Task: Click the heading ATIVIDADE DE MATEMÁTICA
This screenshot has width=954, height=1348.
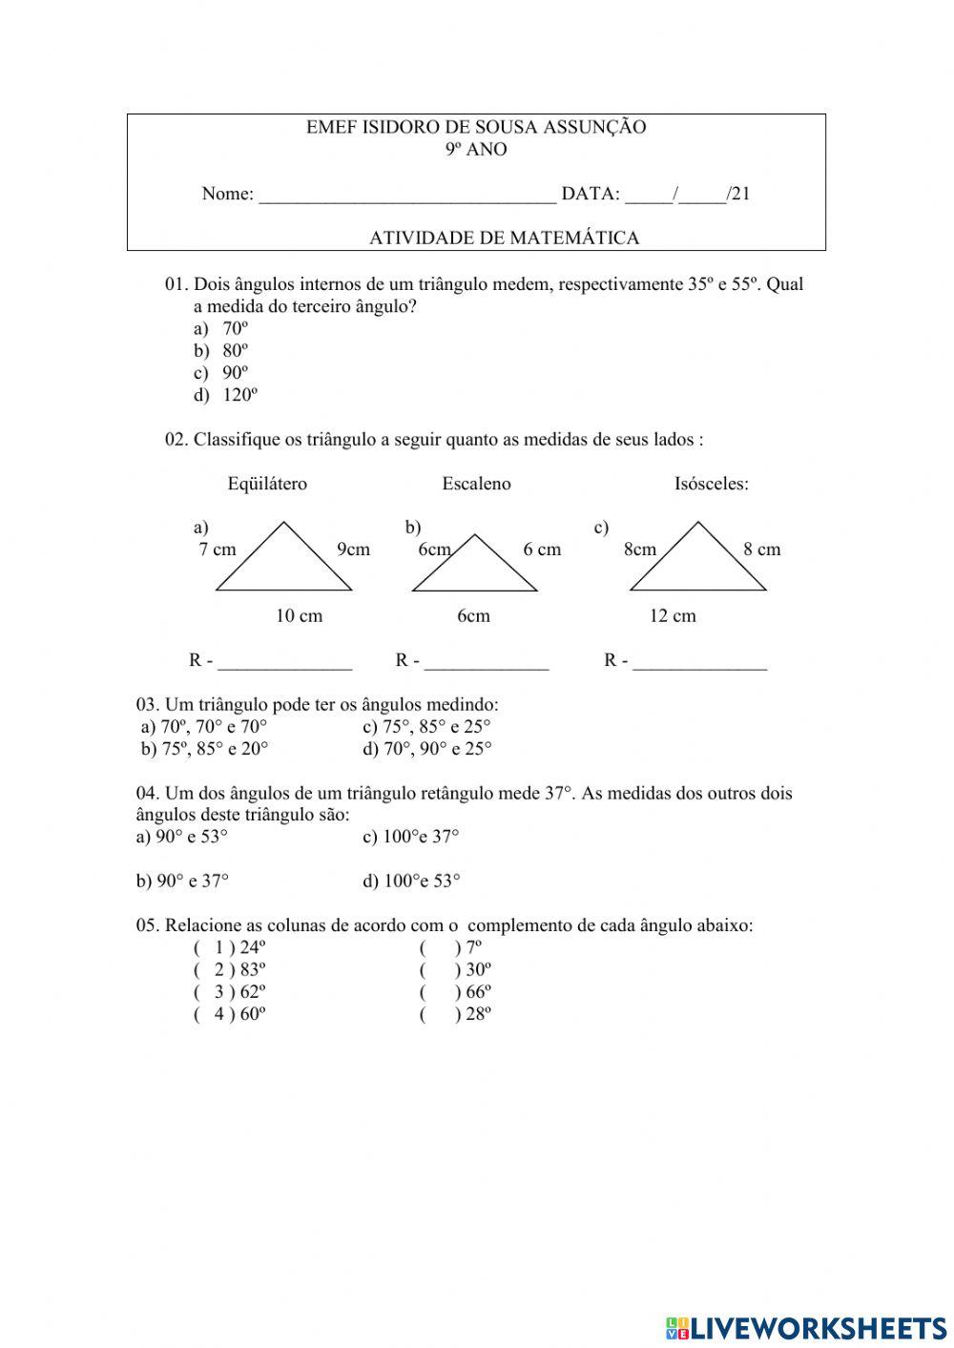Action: pos(504,238)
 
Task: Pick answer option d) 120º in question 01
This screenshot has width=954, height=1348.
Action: pos(227,395)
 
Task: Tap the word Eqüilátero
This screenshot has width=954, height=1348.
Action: pos(267,484)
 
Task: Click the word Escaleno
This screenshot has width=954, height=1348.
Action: pos(476,484)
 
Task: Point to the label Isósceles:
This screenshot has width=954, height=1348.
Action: pos(711,484)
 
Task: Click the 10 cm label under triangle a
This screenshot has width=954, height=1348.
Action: pos(299,616)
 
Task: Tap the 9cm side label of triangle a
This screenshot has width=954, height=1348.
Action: pos(353,550)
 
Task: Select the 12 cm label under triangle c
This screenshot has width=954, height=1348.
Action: pos(673,616)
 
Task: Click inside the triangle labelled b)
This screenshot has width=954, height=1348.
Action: pos(474,572)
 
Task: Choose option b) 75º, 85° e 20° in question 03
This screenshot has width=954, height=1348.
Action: pos(204,749)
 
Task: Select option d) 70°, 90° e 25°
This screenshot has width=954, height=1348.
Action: pos(427,749)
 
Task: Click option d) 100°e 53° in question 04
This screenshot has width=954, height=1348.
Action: pos(411,881)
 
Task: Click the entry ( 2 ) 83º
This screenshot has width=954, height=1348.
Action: pos(230,970)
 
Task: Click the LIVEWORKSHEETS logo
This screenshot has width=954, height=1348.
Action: pos(806,1327)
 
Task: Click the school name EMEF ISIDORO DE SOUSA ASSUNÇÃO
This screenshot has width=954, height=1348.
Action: pos(476,127)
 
